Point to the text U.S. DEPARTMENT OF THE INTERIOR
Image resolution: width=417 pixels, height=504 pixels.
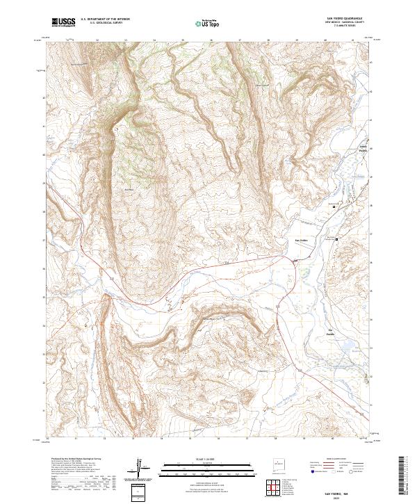point(105,19)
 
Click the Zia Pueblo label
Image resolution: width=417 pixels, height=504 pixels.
point(331,331)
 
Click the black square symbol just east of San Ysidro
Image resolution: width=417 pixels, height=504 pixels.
point(338,239)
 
